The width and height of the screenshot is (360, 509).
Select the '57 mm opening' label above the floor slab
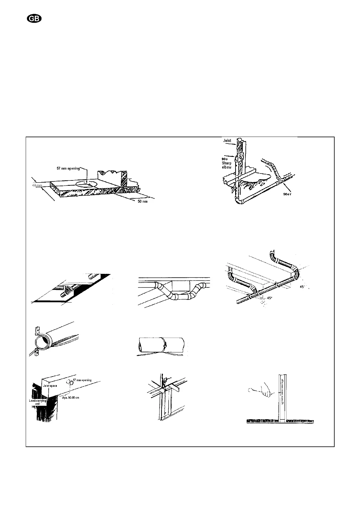click(69, 168)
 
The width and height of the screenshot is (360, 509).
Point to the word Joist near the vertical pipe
click(227, 141)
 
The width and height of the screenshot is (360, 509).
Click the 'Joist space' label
click(50, 386)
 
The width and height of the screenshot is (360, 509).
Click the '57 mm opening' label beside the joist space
click(82, 380)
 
